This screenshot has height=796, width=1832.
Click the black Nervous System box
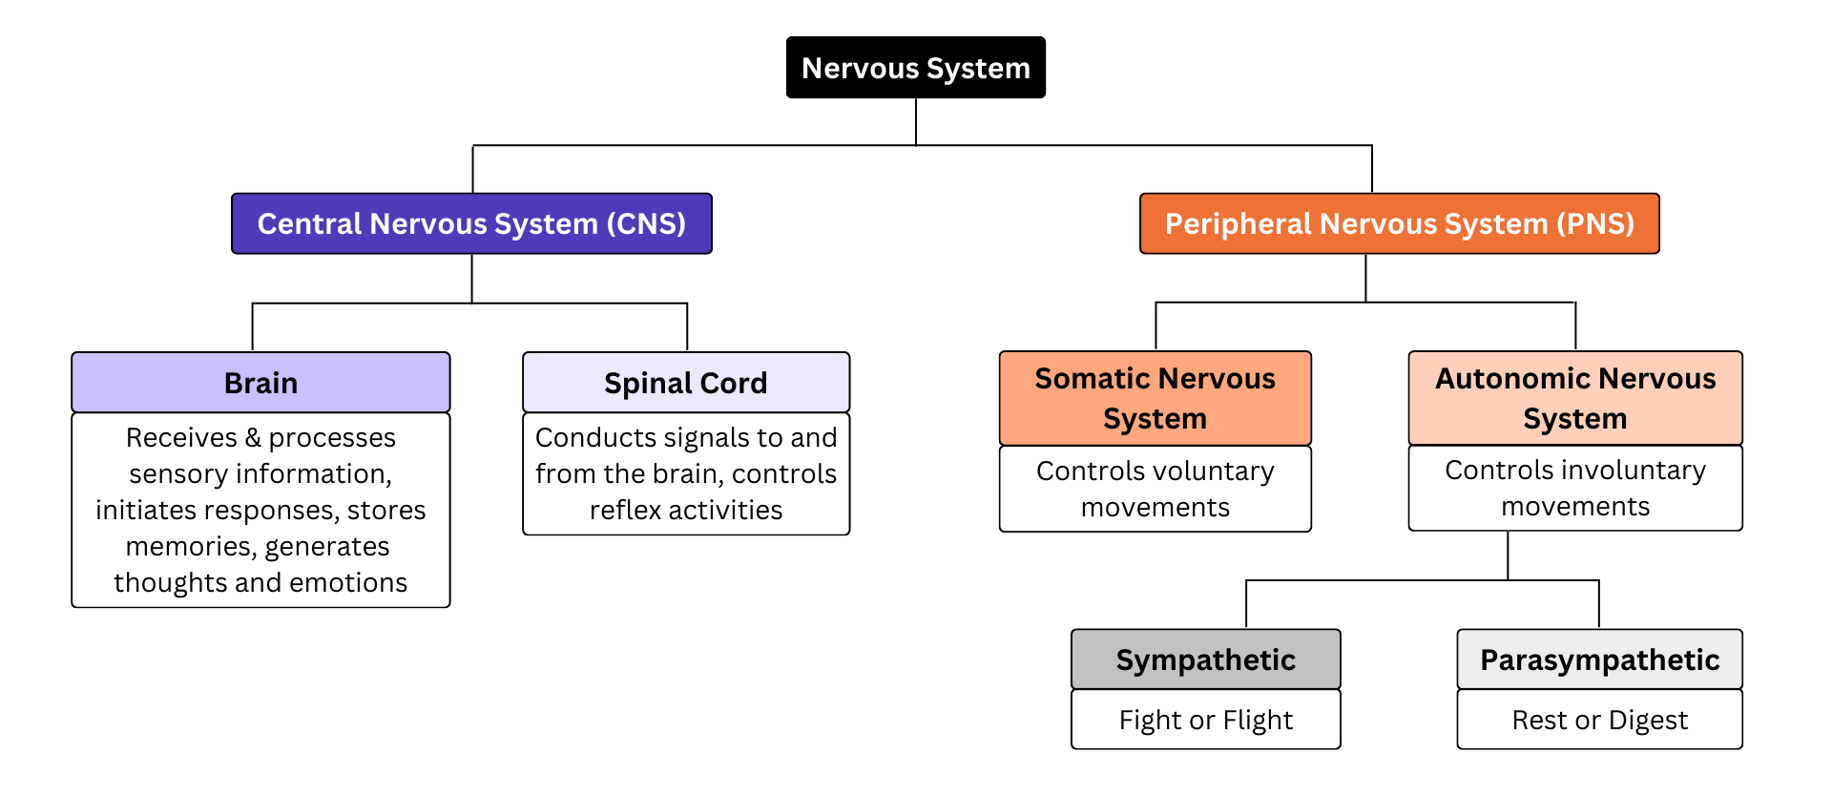point(915,68)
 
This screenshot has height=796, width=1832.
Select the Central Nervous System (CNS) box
point(471,223)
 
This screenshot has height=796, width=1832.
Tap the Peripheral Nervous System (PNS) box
point(1399,223)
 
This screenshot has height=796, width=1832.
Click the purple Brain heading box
point(260,383)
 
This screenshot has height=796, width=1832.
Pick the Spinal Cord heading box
point(685,383)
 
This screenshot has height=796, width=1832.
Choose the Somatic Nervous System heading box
point(1155,398)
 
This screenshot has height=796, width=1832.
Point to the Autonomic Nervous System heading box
point(1574,398)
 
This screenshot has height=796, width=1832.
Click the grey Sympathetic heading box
point(1205,660)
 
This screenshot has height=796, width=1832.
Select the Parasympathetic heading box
point(1599,660)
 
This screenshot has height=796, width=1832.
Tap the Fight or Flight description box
point(1205,720)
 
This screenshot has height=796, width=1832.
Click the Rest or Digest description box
point(1599,720)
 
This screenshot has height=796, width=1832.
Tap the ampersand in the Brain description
point(253,438)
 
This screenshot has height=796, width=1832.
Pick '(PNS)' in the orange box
point(1595,223)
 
